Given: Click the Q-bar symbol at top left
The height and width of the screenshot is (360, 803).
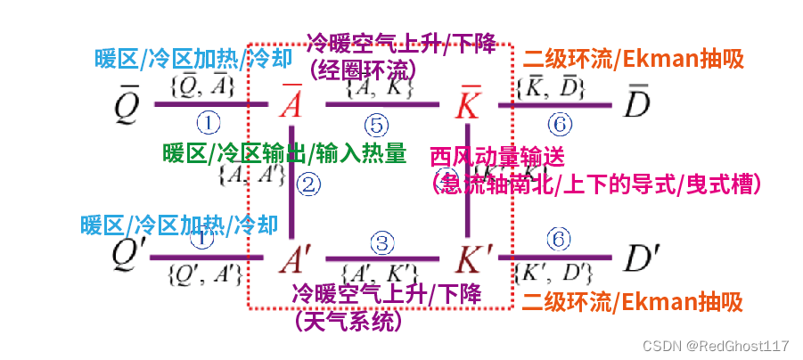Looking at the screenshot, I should (126, 104).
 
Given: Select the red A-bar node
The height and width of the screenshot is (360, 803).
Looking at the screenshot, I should (291, 102).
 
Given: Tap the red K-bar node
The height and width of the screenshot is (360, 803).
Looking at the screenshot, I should (469, 102).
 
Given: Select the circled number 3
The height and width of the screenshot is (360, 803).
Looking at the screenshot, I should (381, 241).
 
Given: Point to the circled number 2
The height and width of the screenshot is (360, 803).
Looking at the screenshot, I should (308, 184).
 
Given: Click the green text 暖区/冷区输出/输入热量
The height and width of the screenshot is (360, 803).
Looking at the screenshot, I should (284, 153).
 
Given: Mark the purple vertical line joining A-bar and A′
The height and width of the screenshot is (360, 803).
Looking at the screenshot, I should (293, 196).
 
